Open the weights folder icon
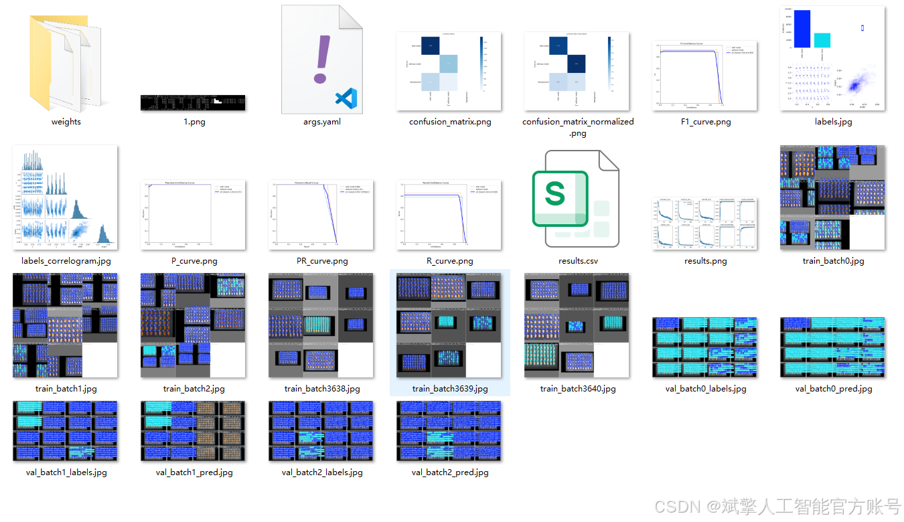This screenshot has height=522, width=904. coord(65,64)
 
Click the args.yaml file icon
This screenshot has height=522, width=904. coord(321,59)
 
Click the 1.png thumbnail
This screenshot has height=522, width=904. coord(193,102)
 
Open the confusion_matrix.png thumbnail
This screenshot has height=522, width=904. coord(449,71)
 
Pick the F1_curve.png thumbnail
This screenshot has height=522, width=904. coord(704,76)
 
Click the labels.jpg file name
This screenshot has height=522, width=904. coord(833,122)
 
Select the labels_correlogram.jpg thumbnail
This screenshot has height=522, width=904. coord(65,198)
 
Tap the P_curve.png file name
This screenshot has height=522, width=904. coord(194,261)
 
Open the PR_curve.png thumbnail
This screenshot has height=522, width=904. coord(321,215)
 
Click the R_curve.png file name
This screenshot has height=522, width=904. coord(449,261)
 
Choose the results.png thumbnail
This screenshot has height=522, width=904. coord(704,224)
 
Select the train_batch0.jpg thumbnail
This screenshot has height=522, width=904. coord(832,198)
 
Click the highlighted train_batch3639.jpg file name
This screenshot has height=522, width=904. coord(450,388)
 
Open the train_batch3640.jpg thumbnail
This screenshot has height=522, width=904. coord(577,325)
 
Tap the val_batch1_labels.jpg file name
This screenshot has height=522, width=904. coord(65,472)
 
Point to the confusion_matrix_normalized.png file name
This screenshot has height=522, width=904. coord(578,127)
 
